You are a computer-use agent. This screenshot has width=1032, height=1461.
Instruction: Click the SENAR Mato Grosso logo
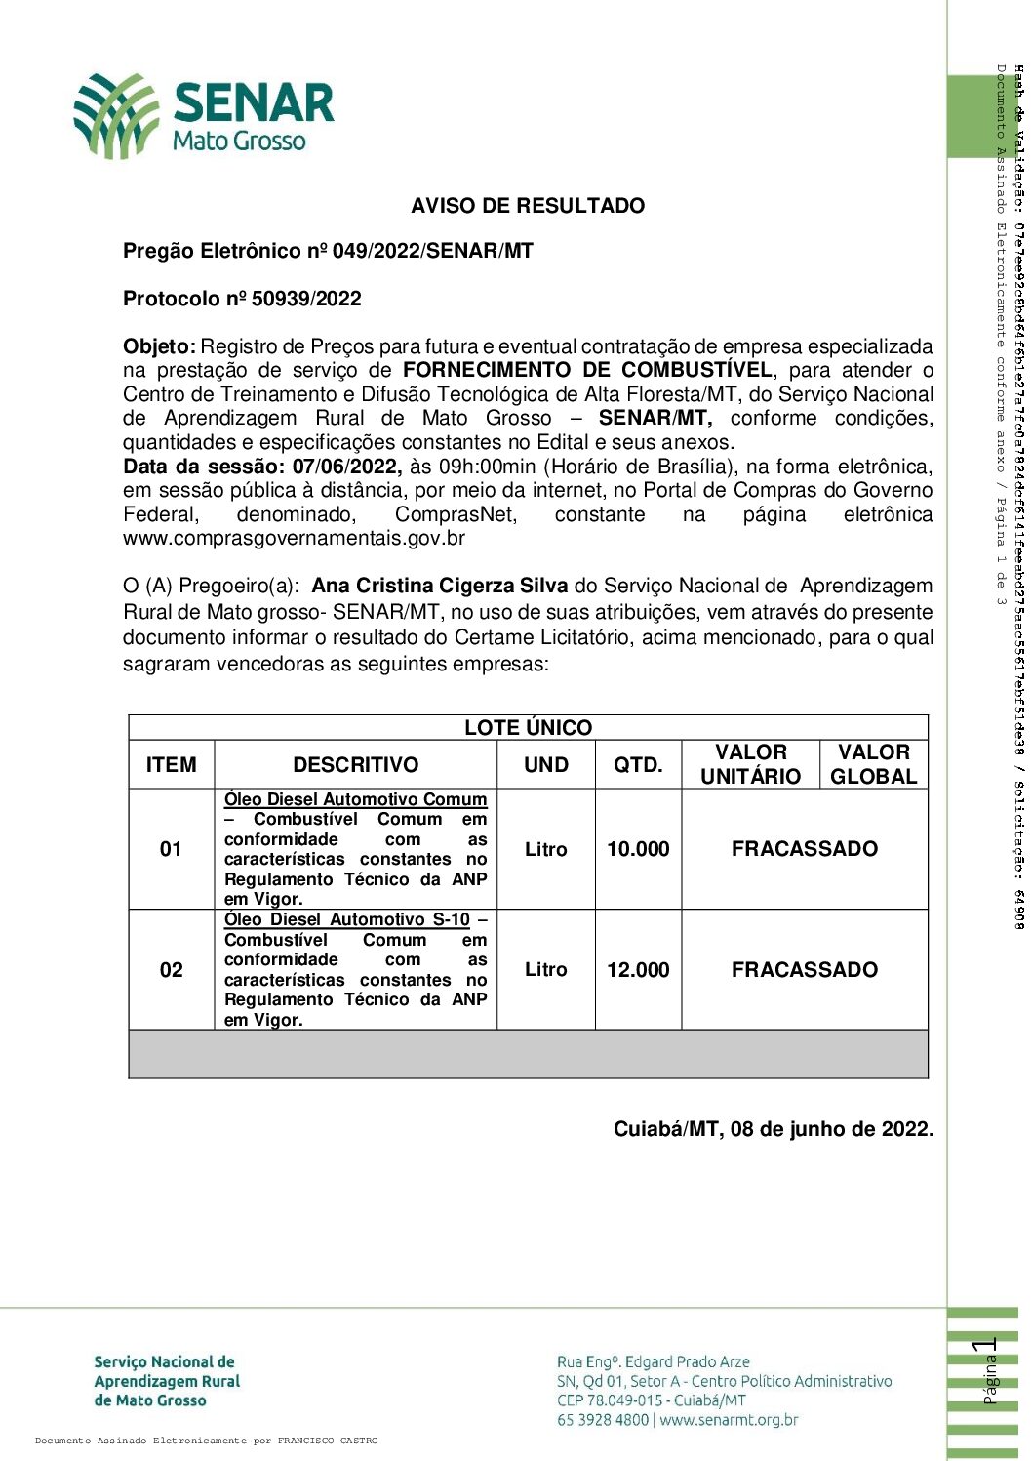(x=204, y=116)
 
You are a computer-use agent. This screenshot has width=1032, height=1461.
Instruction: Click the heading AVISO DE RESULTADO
(x=528, y=206)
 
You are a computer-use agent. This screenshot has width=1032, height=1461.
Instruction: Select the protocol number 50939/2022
(x=306, y=299)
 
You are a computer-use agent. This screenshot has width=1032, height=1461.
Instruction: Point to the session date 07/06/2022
(x=346, y=467)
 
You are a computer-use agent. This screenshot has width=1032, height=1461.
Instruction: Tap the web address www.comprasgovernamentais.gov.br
(x=294, y=538)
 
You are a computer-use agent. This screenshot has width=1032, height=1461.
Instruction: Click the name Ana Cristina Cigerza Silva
(x=439, y=586)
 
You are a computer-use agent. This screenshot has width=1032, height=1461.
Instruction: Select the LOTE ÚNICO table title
(x=528, y=727)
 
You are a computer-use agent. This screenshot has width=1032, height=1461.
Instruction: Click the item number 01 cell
(x=171, y=849)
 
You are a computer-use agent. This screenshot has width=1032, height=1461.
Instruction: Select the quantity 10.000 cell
(x=638, y=849)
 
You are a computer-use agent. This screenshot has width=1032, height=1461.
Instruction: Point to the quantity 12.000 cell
(x=638, y=970)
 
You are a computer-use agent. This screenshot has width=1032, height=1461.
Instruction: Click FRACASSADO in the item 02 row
(x=805, y=970)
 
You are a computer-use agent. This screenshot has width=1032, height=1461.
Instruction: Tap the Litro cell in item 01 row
(x=545, y=849)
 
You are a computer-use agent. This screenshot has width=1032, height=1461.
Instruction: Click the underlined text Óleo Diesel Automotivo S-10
(x=347, y=919)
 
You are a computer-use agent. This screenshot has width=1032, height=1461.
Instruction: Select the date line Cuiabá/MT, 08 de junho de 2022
(x=773, y=1129)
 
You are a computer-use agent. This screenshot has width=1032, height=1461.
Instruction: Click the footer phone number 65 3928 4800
(x=602, y=1420)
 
